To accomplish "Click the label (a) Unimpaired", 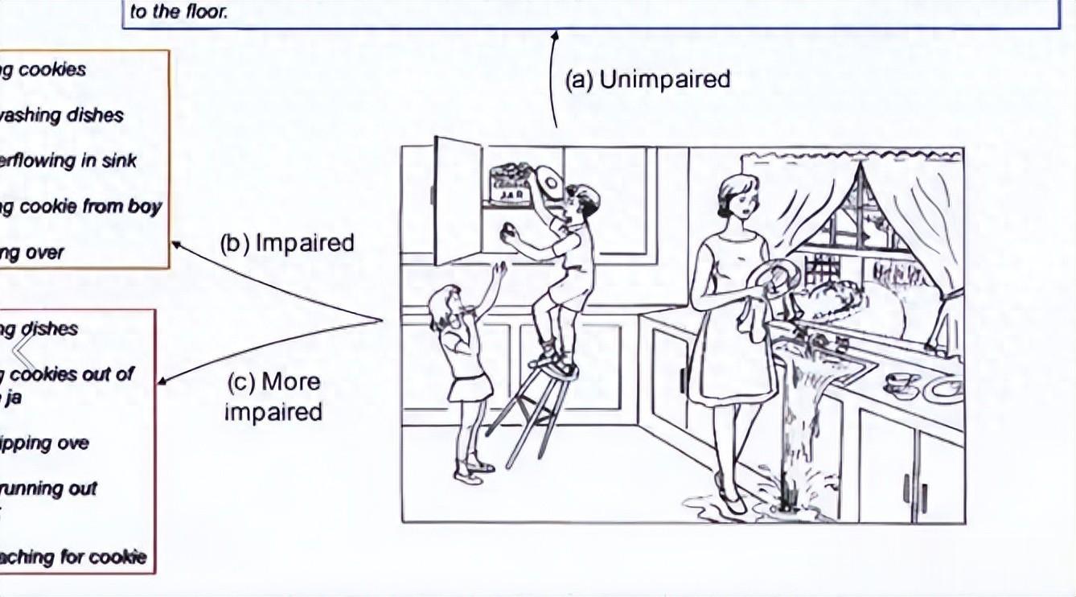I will [647, 80].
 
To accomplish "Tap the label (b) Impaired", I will [287, 243].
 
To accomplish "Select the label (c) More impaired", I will [273, 396].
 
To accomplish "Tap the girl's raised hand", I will [500, 270].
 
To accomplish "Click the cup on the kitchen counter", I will [900, 381].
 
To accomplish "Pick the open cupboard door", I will [458, 200].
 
